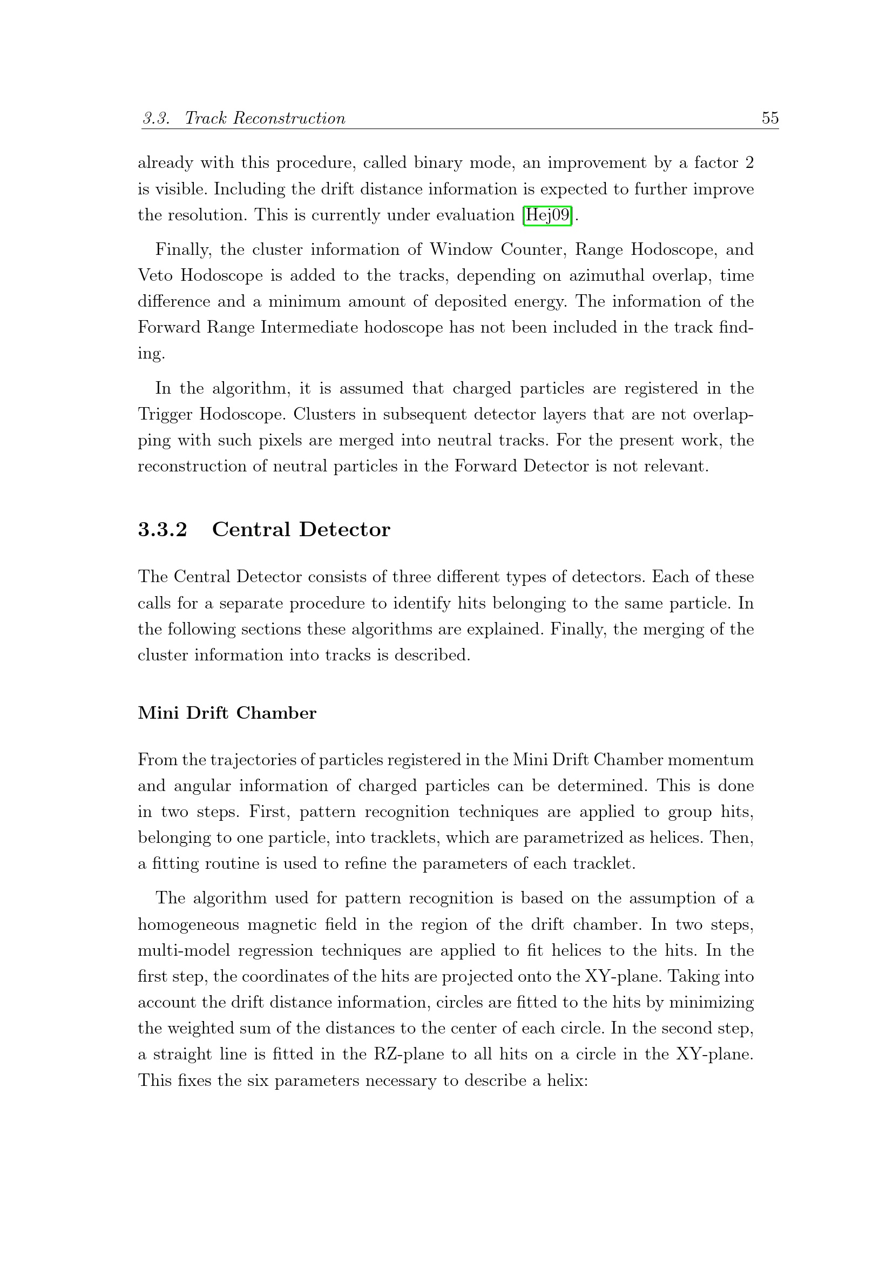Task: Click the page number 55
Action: coord(770,118)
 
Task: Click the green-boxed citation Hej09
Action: coord(547,215)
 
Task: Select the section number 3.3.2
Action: coord(162,529)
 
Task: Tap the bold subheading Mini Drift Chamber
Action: coord(227,713)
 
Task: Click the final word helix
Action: coord(567,1080)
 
